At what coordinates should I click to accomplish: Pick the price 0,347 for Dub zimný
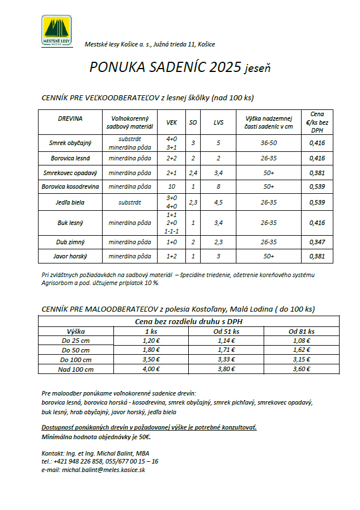[x=317, y=242]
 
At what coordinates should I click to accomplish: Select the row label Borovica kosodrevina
[x=70, y=186]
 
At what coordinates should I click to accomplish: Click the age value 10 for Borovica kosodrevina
[x=171, y=186]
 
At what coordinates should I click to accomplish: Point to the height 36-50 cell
[x=268, y=142]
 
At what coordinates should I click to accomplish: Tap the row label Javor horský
[x=70, y=256]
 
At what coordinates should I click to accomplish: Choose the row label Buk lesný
[x=70, y=223]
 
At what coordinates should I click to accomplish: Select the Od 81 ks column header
[x=301, y=331]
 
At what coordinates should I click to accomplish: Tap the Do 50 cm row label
[x=75, y=350]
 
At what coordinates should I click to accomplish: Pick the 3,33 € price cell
[x=227, y=359]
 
